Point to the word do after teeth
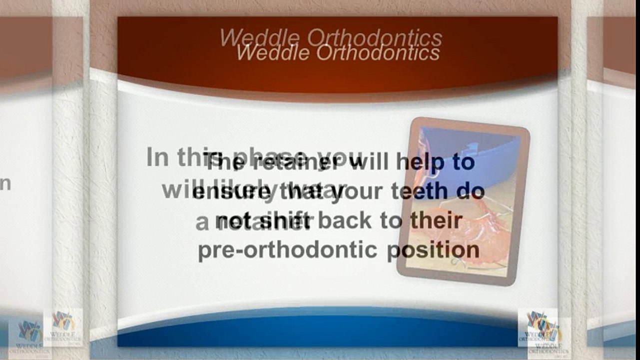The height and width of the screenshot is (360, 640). [x=473, y=191]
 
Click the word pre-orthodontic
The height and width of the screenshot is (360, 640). [x=287, y=250]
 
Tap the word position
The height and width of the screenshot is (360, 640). [x=434, y=250]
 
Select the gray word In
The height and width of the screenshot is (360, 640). [x=158, y=157]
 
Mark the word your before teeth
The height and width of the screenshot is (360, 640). [x=363, y=191]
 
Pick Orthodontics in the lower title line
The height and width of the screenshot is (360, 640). [x=378, y=52]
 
